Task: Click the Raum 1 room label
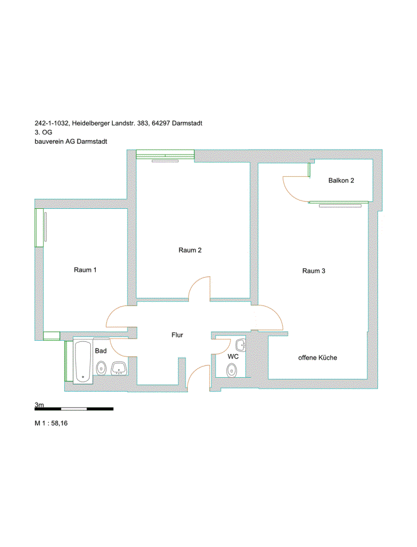tap(85, 270)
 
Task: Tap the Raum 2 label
tap(190, 250)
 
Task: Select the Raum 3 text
tap(314, 271)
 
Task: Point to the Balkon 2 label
tap(341, 181)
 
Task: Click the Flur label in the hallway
tap(177, 335)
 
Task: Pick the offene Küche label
tap(318, 357)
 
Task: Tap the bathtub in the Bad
tap(83, 362)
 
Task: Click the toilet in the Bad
tap(101, 368)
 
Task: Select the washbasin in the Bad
tap(119, 368)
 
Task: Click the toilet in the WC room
tap(231, 370)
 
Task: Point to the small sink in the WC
tap(241, 345)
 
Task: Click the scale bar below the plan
tap(74, 409)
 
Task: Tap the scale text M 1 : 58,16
tap(51, 423)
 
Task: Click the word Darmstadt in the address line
tap(187, 123)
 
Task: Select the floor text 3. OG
tap(43, 132)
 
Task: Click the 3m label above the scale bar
tap(39, 405)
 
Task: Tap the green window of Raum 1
tap(39, 228)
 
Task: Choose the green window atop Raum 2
tap(165, 154)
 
